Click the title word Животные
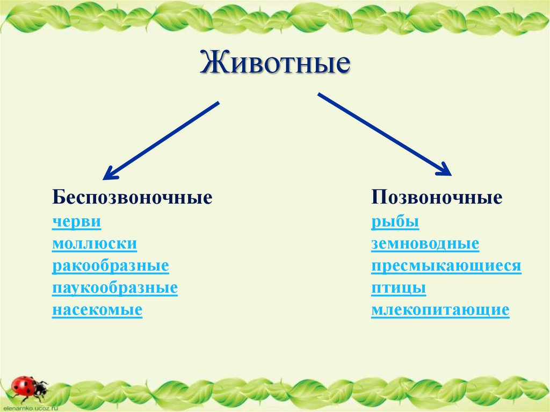(275, 63)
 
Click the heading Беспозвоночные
(132, 198)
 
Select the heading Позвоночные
(437, 198)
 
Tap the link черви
(76, 222)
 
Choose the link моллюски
(95, 244)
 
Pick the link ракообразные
(111, 266)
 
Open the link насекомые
(97, 310)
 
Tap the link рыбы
(395, 222)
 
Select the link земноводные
(425, 244)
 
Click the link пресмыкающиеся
(446, 266)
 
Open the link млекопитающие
(440, 310)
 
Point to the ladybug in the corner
(27, 386)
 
